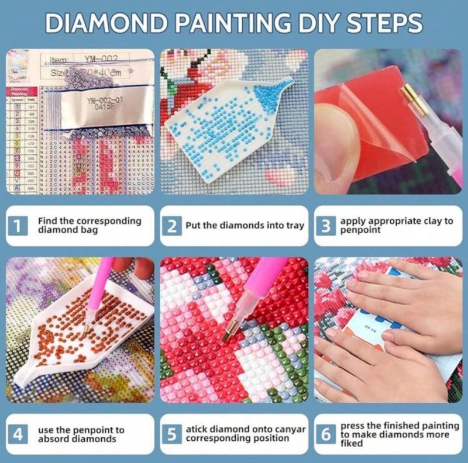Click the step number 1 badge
[19, 226]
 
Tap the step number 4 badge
[19, 434]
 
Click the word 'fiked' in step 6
[352, 443]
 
